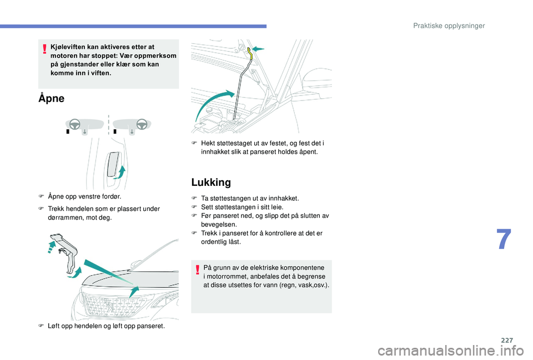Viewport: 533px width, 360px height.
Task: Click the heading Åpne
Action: click(x=51, y=98)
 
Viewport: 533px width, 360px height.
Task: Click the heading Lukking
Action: click(x=211, y=182)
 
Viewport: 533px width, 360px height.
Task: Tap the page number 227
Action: click(x=507, y=340)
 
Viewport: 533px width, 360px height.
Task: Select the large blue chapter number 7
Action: click(x=504, y=239)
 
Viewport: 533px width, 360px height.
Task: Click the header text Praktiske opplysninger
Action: click(x=449, y=26)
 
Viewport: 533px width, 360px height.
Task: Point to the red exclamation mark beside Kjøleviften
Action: click(x=44, y=49)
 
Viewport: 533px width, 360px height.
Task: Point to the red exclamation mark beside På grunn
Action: click(x=198, y=270)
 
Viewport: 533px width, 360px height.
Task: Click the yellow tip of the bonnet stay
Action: click(x=250, y=53)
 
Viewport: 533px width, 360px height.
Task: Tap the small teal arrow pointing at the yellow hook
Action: click(x=258, y=49)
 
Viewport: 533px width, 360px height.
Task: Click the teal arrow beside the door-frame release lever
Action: click(x=120, y=173)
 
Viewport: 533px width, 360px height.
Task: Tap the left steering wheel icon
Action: click(x=75, y=124)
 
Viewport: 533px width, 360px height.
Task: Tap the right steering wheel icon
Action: click(x=142, y=124)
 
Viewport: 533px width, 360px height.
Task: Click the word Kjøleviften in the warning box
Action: click(x=68, y=47)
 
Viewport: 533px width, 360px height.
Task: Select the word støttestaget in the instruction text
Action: click(x=233, y=143)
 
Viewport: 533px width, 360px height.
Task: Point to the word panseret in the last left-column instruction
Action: click(x=152, y=326)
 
